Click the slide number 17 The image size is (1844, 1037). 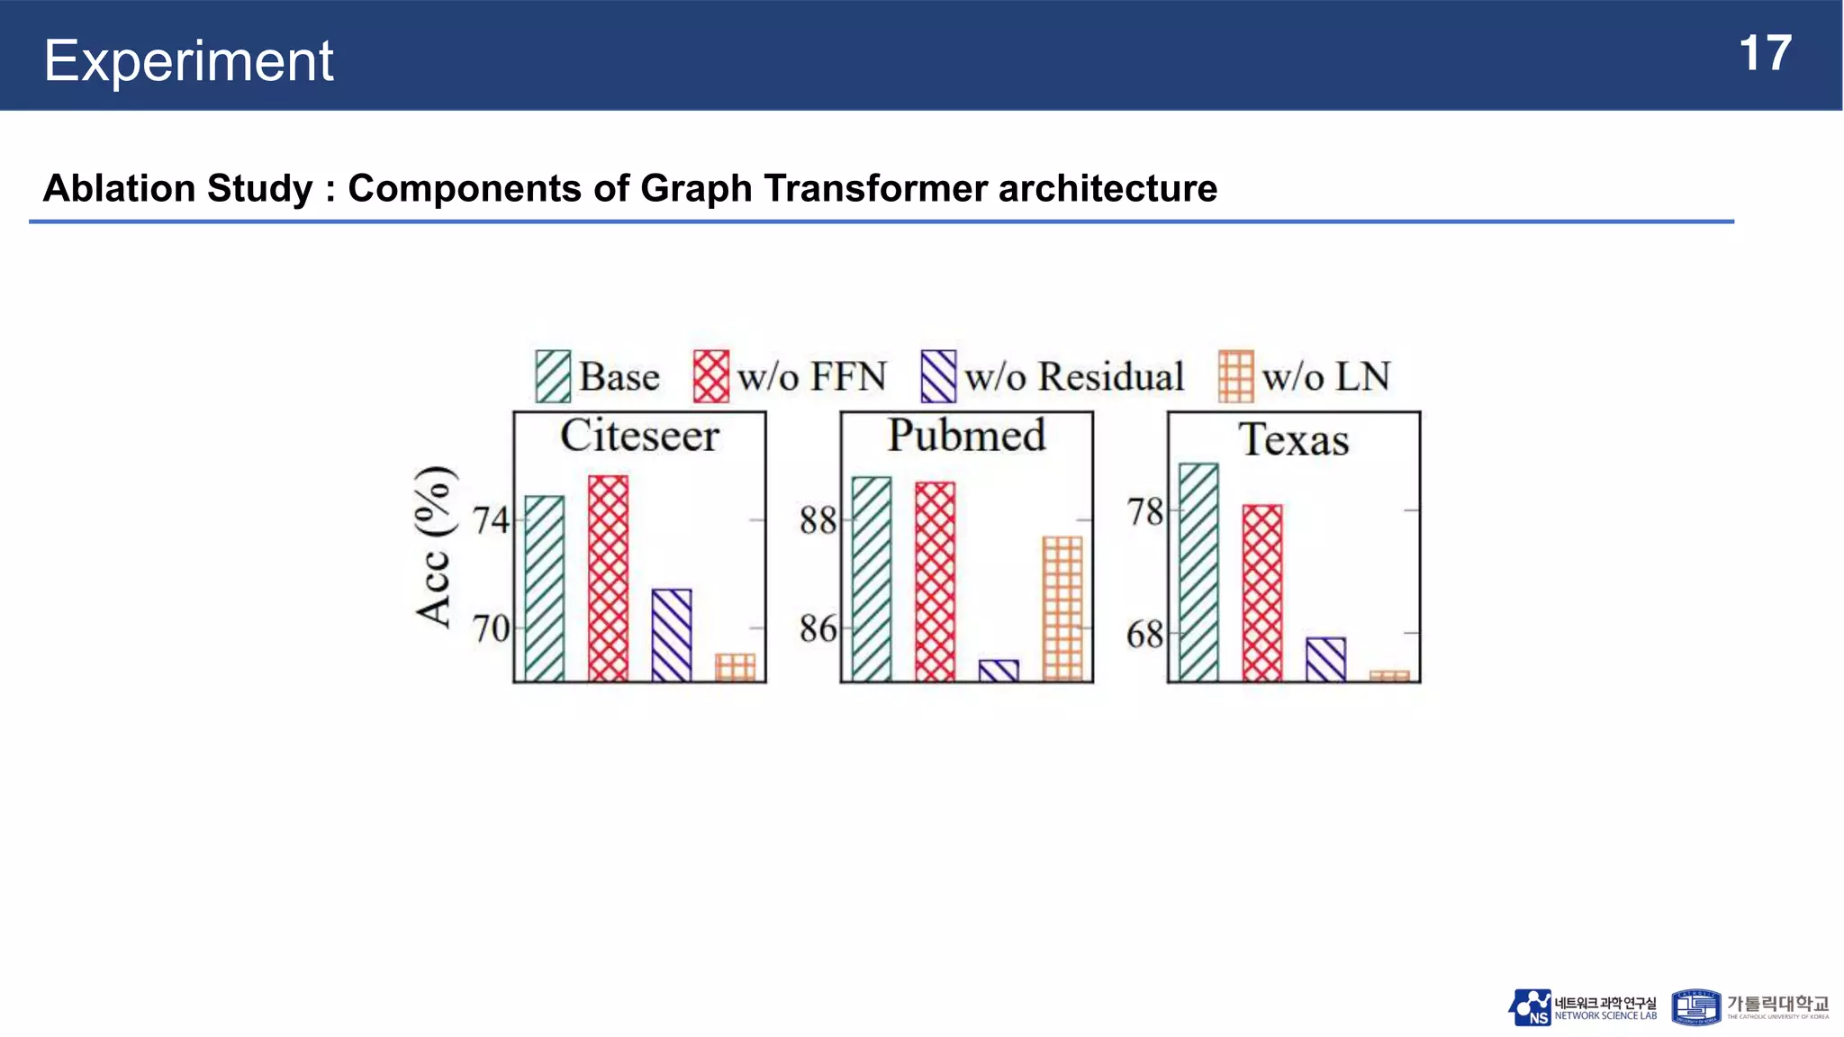pos(1764,53)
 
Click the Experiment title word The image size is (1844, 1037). pos(188,61)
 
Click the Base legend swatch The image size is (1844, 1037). pos(552,376)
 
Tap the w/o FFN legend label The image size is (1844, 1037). pos(811,376)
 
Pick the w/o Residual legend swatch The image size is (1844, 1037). pos(937,376)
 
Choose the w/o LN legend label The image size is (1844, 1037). pos(1325,376)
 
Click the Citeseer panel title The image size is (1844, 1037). pos(639,436)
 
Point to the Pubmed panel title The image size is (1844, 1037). pos(966,436)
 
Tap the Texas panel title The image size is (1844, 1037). pos(1293,440)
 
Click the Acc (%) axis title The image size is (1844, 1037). pos(433,546)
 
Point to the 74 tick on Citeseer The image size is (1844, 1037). pos(491,520)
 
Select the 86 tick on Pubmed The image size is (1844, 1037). pos(818,628)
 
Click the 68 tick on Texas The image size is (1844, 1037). pos(1144,635)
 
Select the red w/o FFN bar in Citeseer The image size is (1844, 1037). pos(608,578)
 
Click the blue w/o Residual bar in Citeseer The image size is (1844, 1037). pos(672,635)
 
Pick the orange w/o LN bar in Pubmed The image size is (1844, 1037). pos(1062,609)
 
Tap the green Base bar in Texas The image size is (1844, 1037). pos(1198,573)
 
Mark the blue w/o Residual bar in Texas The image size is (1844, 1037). pos(1325,659)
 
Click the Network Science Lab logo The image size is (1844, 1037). pos(1582,1008)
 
